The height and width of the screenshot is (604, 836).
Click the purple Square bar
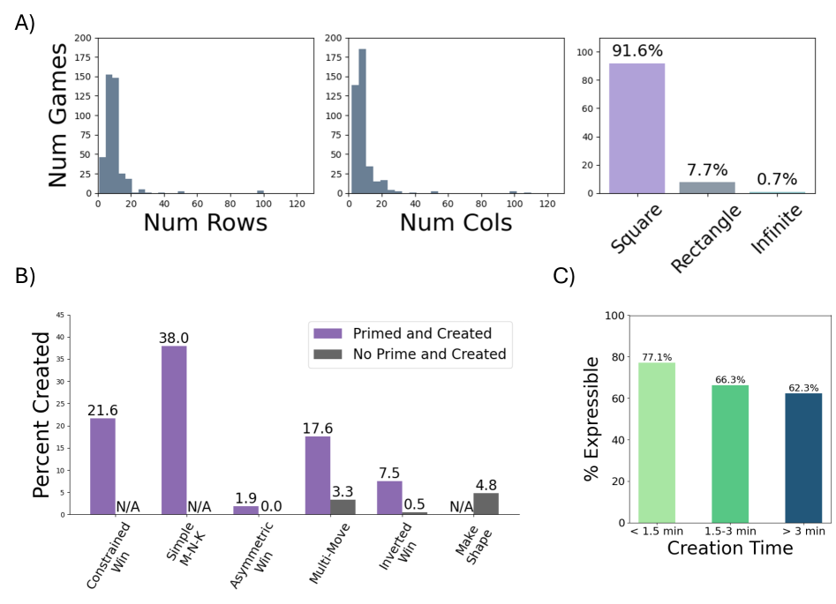coord(636,128)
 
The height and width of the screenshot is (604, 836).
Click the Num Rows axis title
coord(205,222)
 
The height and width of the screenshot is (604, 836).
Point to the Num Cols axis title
coord(456,222)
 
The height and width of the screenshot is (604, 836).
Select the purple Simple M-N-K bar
coord(174,430)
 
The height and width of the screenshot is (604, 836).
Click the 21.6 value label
coord(102,411)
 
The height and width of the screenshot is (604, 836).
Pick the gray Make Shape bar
coord(486,503)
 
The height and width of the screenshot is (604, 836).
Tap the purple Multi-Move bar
coord(317,475)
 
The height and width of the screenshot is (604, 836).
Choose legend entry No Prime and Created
coord(409,354)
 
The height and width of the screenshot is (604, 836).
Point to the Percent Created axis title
coord(41,414)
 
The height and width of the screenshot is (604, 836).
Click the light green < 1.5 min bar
coord(656,443)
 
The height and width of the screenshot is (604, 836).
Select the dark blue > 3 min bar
coord(802,458)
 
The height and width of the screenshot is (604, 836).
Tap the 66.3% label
coord(729,380)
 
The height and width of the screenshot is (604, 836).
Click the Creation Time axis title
coord(729,548)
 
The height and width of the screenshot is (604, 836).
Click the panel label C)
coord(564,276)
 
